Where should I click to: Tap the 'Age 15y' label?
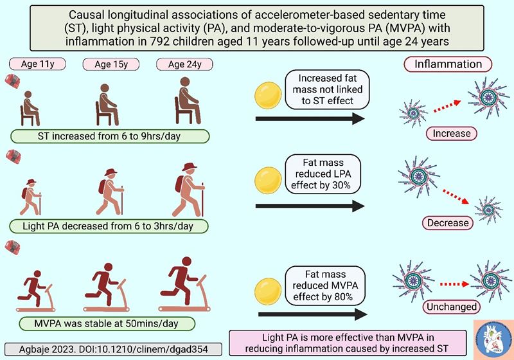point(107,64)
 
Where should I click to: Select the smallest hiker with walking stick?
point(30,195)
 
